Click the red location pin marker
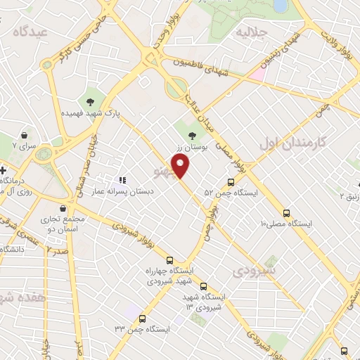181,166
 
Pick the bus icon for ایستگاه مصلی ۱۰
286,212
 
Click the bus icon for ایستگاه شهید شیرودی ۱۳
203,286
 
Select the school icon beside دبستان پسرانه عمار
122,180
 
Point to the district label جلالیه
252,32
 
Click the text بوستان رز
193,148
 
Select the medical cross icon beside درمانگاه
3,170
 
